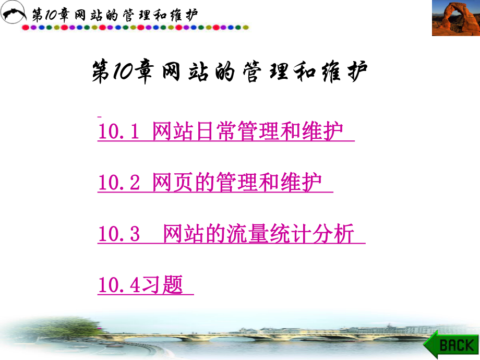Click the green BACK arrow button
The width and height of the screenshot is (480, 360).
tap(451, 344)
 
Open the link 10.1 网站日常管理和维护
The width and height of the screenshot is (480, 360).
tap(225, 132)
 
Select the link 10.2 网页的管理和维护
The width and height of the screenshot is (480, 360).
tap(214, 183)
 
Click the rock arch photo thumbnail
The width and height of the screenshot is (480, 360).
tap(455, 18)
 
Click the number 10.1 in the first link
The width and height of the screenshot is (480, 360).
tap(118, 132)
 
